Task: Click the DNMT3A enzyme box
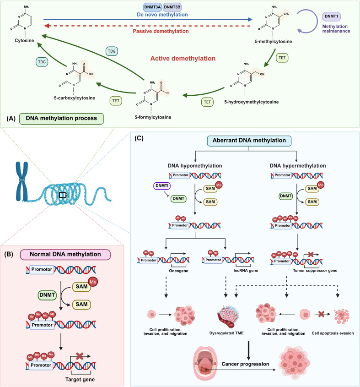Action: pyautogui.click(x=152, y=7)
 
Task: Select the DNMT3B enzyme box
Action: pyautogui.click(x=172, y=7)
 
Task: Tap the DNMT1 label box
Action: pyautogui.click(x=331, y=16)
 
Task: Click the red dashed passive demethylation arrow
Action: pyautogui.click(x=147, y=26)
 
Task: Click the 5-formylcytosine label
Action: pyautogui.click(x=153, y=117)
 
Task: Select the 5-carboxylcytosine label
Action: pyautogui.click(x=75, y=98)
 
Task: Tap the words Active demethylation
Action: pyautogui.click(x=183, y=59)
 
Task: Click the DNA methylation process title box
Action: pyautogui.click(x=61, y=119)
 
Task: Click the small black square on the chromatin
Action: pyautogui.click(x=63, y=195)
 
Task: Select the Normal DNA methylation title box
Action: pyautogui.click(x=65, y=255)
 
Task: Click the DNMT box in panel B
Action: pyautogui.click(x=47, y=295)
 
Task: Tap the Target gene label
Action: pyautogui.click(x=80, y=380)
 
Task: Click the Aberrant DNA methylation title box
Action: pyautogui.click(x=249, y=141)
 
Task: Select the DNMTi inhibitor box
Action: pyautogui.click(x=162, y=185)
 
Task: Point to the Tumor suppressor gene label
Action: pyautogui.click(x=315, y=271)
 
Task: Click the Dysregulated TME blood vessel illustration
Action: pyautogui.click(x=228, y=316)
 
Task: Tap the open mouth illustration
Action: pyautogui.click(x=205, y=363)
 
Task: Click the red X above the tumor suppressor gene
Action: pyautogui.click(x=311, y=254)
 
